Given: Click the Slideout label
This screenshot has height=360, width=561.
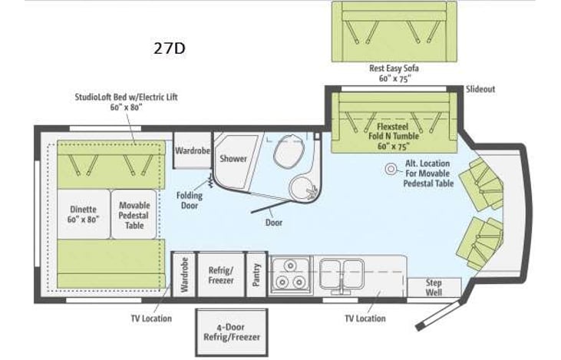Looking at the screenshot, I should (480, 89).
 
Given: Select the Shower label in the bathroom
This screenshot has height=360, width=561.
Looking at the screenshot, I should (233, 159).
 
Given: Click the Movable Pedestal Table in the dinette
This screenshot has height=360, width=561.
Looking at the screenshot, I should (134, 216).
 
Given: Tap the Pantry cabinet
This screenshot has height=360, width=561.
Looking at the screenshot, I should (257, 274).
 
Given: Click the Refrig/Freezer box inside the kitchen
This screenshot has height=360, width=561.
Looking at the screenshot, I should (222, 274).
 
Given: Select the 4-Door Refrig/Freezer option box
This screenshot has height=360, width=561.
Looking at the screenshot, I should (232, 332).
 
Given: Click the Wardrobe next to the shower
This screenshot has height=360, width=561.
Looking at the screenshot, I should (191, 151).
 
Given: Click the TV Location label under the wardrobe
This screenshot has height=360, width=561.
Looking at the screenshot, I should (150, 318).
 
